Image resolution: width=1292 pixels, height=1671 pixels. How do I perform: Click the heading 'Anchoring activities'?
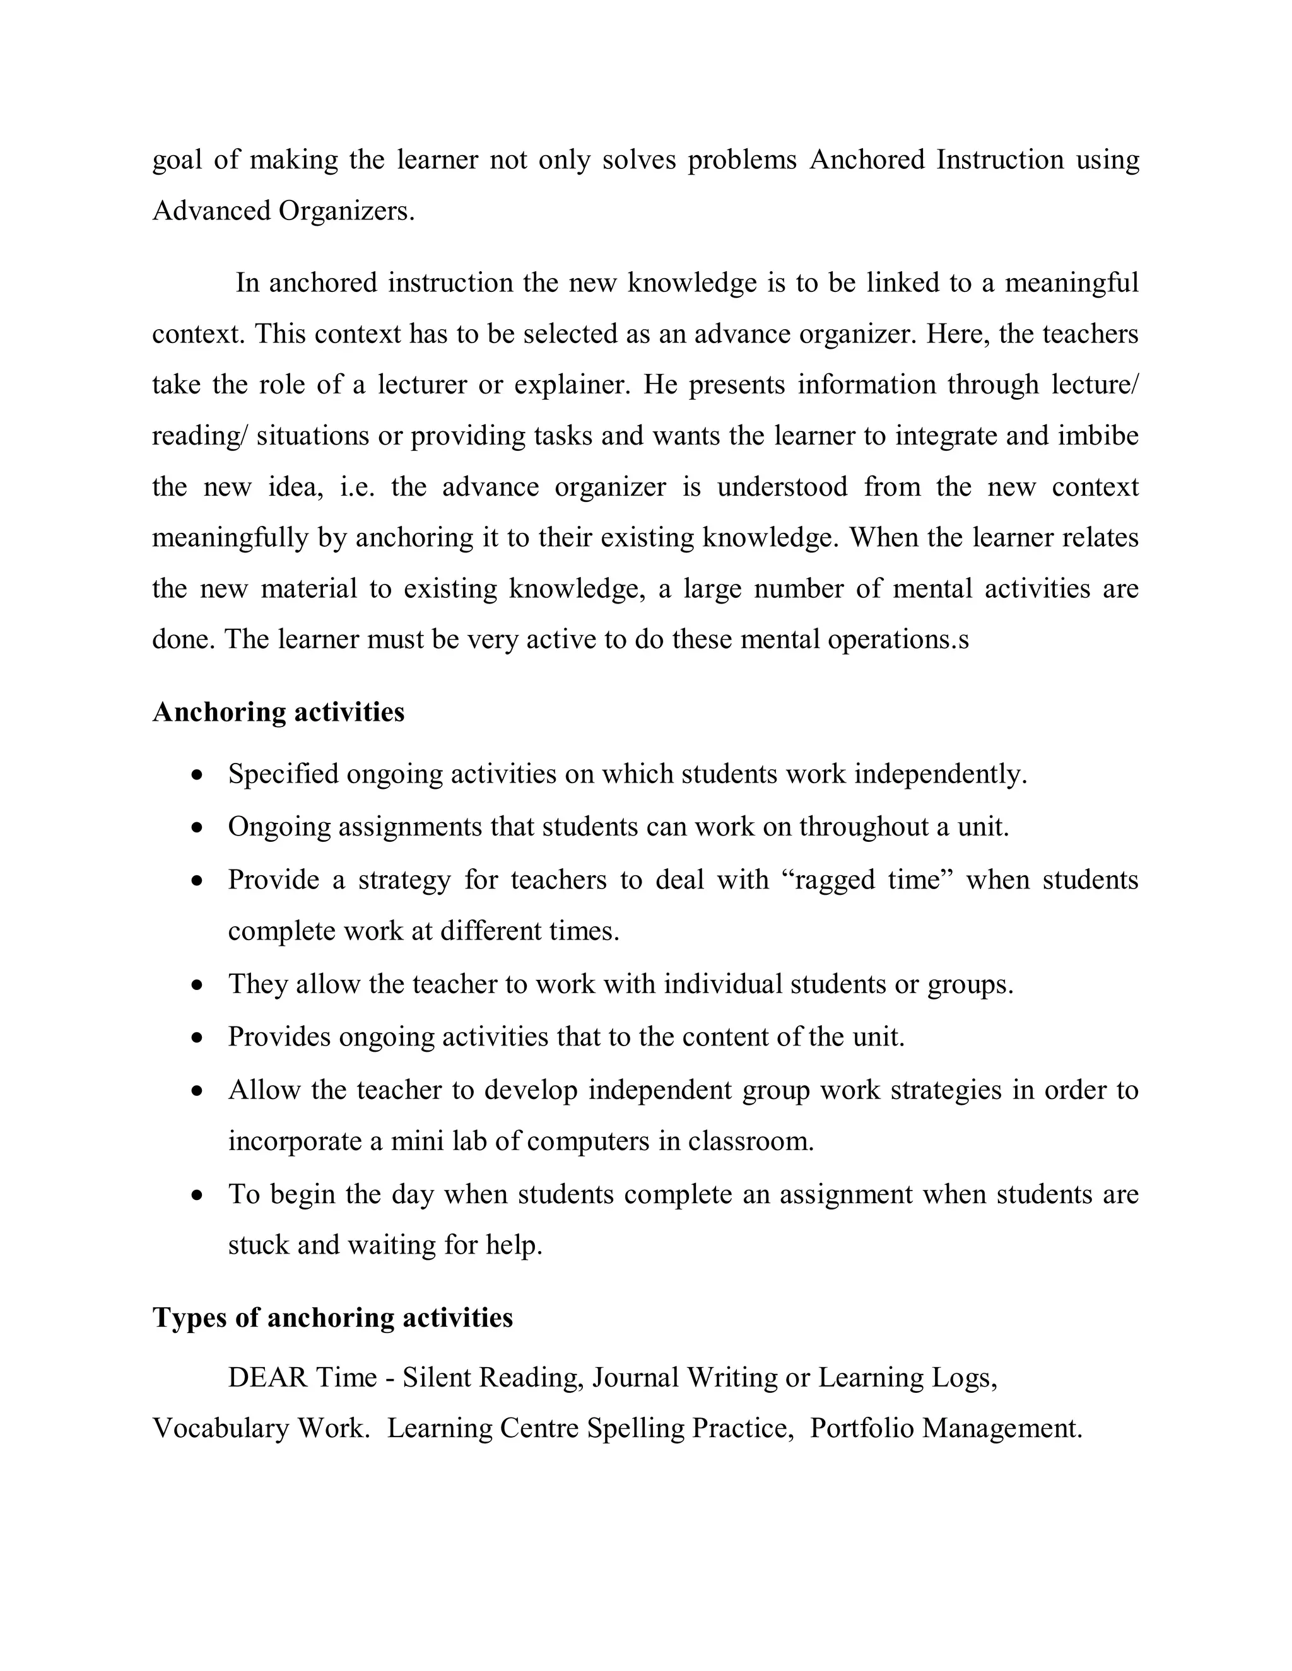tap(279, 713)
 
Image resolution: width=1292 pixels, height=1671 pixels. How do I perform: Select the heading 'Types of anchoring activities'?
tap(332, 1317)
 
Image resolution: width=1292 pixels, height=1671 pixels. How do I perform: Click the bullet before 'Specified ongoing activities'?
tap(198, 775)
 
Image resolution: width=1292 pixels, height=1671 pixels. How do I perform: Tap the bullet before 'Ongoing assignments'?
tap(198, 828)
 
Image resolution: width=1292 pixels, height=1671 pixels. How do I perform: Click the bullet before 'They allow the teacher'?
tap(198, 986)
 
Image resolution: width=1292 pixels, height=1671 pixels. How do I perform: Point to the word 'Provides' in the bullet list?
tap(279, 1037)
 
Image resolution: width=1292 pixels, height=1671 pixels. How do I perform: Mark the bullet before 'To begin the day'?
tap(198, 1196)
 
